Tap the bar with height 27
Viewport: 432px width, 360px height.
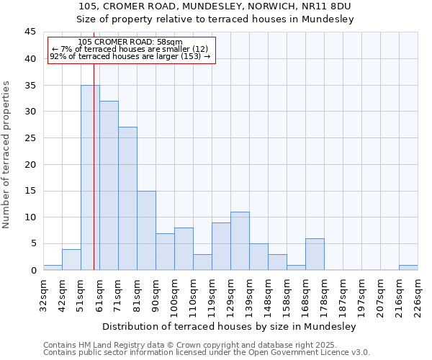point(127,198)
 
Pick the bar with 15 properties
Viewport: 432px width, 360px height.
point(146,230)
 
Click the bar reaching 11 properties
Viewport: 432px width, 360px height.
point(240,240)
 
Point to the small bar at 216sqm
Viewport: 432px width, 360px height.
point(408,267)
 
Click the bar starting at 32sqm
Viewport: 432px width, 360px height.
point(53,267)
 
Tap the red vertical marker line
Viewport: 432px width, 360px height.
point(94,180)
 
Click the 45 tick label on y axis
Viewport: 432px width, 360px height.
point(30,32)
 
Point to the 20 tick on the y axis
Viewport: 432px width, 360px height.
point(30,164)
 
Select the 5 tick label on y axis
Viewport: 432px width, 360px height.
point(33,243)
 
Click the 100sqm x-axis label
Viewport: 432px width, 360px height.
point(174,295)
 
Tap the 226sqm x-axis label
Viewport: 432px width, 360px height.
point(418,295)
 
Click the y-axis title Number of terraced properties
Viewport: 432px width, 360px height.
point(6,155)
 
